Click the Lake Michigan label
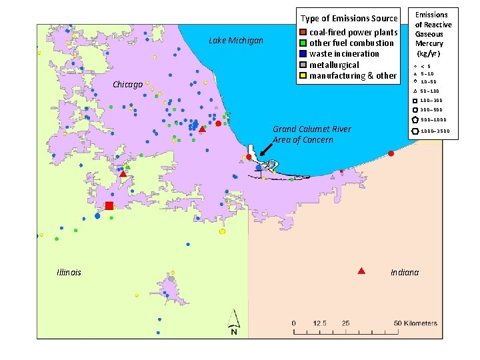236,41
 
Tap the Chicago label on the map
127,85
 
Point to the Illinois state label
69,272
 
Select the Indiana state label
405,272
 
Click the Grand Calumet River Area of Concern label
311,134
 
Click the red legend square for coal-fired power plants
303,32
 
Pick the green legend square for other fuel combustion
303,43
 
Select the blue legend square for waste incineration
303,53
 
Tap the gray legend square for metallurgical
303,65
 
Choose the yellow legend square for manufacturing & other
303,75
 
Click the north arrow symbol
233,323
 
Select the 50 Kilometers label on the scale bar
415,323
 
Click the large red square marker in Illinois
109,206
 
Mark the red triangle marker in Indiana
361,271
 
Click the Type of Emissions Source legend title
349,18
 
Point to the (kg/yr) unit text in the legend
432,52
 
